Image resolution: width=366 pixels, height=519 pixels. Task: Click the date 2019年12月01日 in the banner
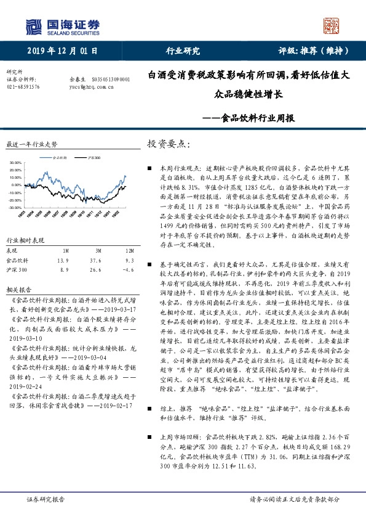[x=63, y=51]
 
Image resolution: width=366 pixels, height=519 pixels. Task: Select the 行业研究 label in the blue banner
[x=183, y=51]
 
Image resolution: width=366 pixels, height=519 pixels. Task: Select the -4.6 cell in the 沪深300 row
[x=127, y=251]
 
